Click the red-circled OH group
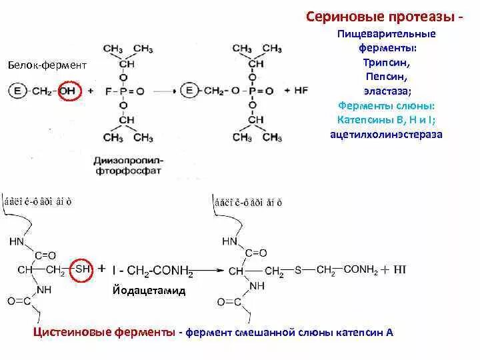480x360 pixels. point(67,91)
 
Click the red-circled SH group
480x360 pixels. point(83,268)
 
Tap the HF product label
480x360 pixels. point(301,90)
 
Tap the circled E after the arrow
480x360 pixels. point(191,91)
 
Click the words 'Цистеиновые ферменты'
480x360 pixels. point(103,331)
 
